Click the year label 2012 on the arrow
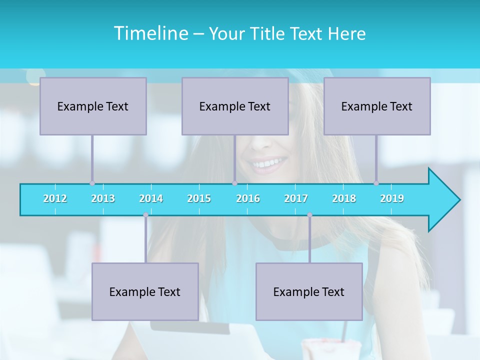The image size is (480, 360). point(55,198)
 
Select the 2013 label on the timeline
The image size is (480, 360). point(103,198)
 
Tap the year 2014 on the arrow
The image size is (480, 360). point(151,198)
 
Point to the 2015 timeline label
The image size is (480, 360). point(199,198)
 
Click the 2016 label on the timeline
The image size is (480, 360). point(248,198)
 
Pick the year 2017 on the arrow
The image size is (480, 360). point(296,198)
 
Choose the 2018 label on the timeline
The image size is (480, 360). point(344,198)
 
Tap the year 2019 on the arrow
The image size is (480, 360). point(392,198)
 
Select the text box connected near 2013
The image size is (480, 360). point(93,106)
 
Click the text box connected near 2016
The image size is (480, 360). point(235,106)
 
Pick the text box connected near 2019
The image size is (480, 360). point(377,106)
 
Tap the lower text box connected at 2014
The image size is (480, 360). point(145,291)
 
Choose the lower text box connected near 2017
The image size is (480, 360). point(309,291)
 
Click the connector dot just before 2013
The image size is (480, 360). point(92,183)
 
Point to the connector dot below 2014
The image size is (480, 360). point(145,215)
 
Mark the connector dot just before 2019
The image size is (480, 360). point(376,183)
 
